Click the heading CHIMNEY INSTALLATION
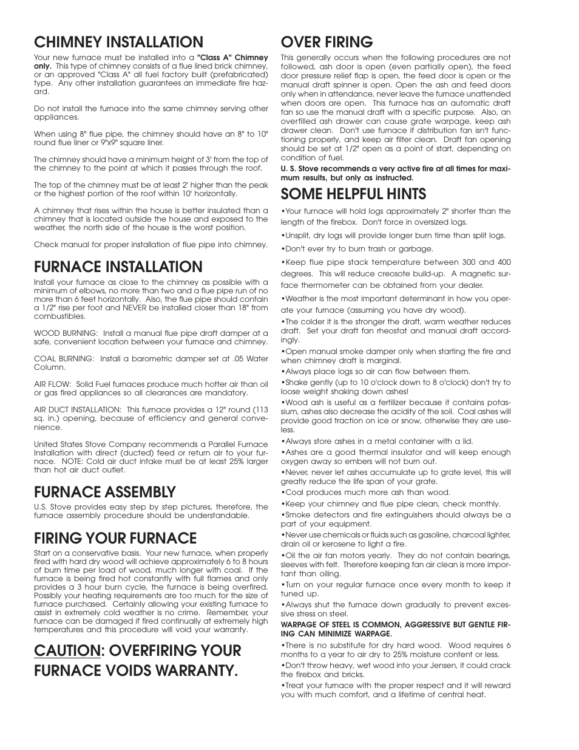[118, 42]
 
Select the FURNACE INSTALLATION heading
[118, 267]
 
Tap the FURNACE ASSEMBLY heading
[104, 491]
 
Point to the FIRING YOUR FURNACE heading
[115, 538]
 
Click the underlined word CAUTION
[66, 650]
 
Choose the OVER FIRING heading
[327, 42]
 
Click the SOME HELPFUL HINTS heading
[353, 194]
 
